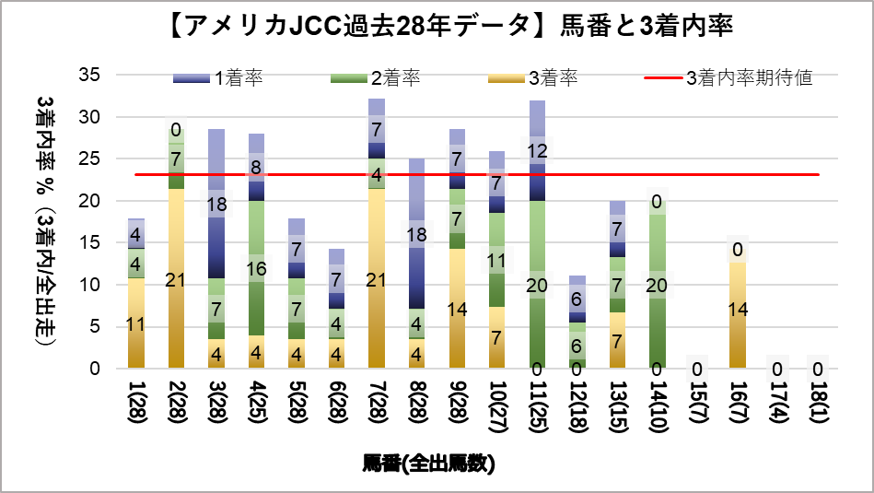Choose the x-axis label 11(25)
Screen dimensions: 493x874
(537, 405)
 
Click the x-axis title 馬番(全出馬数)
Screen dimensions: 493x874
(428, 464)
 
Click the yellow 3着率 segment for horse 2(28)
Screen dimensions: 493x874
(177, 279)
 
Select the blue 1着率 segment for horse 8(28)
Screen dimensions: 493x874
(416, 234)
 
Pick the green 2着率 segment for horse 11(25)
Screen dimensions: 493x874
(537, 286)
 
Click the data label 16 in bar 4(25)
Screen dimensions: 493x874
(257, 270)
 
